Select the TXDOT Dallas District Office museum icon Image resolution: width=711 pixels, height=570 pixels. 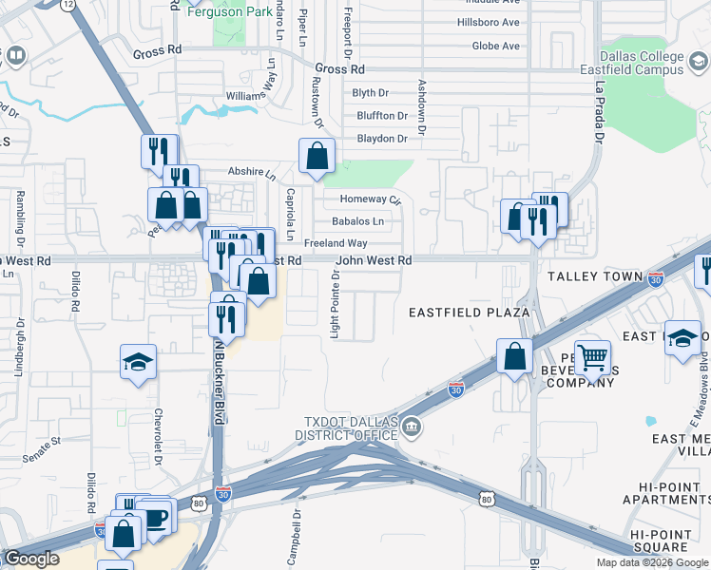pyautogui.click(x=412, y=425)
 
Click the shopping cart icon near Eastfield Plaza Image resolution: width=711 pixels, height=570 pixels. pyautogui.click(x=593, y=358)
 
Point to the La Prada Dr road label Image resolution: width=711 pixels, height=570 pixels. pyautogui.click(x=600, y=111)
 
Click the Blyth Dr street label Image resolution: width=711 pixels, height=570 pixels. pyautogui.click(x=371, y=92)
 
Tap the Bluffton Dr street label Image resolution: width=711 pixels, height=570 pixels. pyautogui.click(x=381, y=115)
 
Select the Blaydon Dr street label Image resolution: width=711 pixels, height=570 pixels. pyautogui.click(x=381, y=138)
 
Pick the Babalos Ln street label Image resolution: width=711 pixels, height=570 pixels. pyautogui.click(x=358, y=221)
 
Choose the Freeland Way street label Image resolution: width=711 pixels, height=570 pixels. pyautogui.click(x=336, y=243)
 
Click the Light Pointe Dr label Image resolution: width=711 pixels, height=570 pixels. pyautogui.click(x=335, y=303)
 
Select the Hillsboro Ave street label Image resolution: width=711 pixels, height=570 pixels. pyautogui.click(x=489, y=22)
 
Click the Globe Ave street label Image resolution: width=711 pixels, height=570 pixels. pyautogui.click(x=495, y=46)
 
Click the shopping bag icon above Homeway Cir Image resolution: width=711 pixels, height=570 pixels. pyautogui.click(x=317, y=157)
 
